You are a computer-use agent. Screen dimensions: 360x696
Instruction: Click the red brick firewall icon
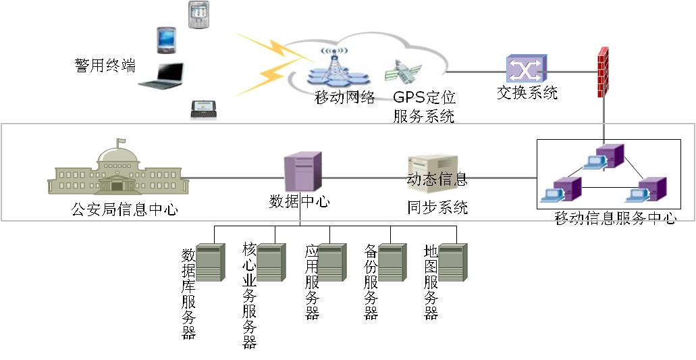[x=604, y=72]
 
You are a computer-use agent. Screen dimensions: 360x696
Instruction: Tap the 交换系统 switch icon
[x=526, y=69]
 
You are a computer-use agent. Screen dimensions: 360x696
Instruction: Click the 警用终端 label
[x=105, y=66]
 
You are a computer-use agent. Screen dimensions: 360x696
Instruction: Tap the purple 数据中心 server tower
[x=302, y=172]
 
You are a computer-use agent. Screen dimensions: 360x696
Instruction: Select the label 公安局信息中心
[x=125, y=209]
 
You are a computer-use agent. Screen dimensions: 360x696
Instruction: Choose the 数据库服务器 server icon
[x=209, y=262]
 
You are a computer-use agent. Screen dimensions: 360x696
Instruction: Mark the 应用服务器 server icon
[x=331, y=262]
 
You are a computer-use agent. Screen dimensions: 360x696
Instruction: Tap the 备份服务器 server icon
[x=392, y=262]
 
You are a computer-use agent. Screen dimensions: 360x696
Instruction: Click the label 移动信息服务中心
[x=615, y=217]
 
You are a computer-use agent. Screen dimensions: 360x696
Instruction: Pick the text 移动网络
[x=345, y=98]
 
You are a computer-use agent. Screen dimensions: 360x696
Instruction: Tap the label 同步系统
[x=437, y=207]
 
